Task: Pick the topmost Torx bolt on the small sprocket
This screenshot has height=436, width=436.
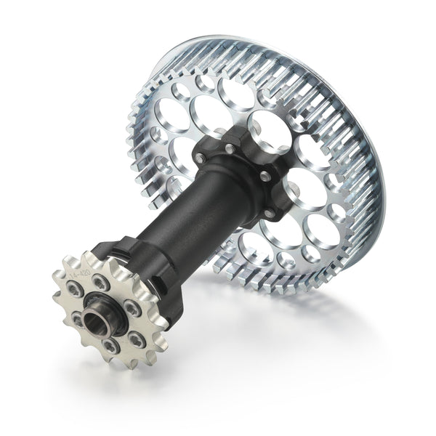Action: tap(101, 283)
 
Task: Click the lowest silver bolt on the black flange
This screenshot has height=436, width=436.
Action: tap(269, 212)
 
